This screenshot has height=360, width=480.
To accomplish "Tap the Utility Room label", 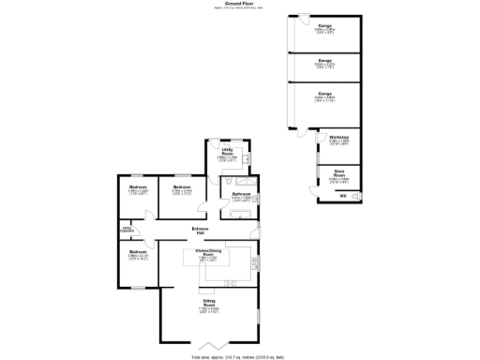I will [228, 150].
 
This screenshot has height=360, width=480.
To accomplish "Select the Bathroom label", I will [240, 194].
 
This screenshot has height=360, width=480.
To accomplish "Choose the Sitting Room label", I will [209, 305].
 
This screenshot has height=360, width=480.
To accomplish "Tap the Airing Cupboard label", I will [127, 229].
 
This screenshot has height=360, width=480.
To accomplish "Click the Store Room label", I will [339, 171].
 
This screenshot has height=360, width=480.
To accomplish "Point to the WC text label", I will [343, 196].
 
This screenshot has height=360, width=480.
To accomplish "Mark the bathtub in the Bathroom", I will [242, 216].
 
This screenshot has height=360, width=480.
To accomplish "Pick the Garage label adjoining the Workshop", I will [325, 95].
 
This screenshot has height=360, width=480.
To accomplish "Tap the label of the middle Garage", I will [325, 61].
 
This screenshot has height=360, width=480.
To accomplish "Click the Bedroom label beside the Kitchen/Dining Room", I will [138, 253].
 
